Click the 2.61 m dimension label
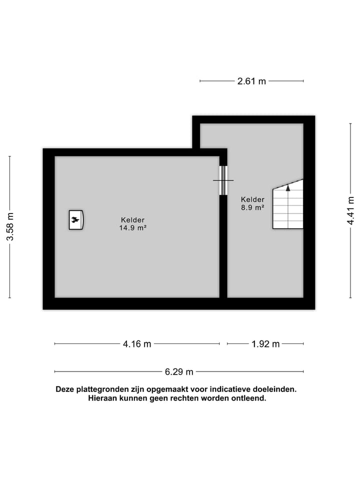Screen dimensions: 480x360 [251, 81]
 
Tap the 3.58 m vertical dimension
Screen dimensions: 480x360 [9, 226]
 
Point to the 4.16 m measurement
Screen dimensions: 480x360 [137, 344]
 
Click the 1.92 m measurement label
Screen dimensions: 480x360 [265, 344]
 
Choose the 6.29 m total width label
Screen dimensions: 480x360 [179, 371]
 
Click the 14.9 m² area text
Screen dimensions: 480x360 [133, 227]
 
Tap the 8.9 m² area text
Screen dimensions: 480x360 [252, 207]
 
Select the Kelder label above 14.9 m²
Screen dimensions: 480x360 [133, 219]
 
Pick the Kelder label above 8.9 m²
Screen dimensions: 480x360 [252, 199]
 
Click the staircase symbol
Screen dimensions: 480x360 [288, 207]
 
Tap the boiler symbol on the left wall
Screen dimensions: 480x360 [76, 219]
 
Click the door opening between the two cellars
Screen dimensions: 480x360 [223, 180]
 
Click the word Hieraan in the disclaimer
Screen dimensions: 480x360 [103, 398]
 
